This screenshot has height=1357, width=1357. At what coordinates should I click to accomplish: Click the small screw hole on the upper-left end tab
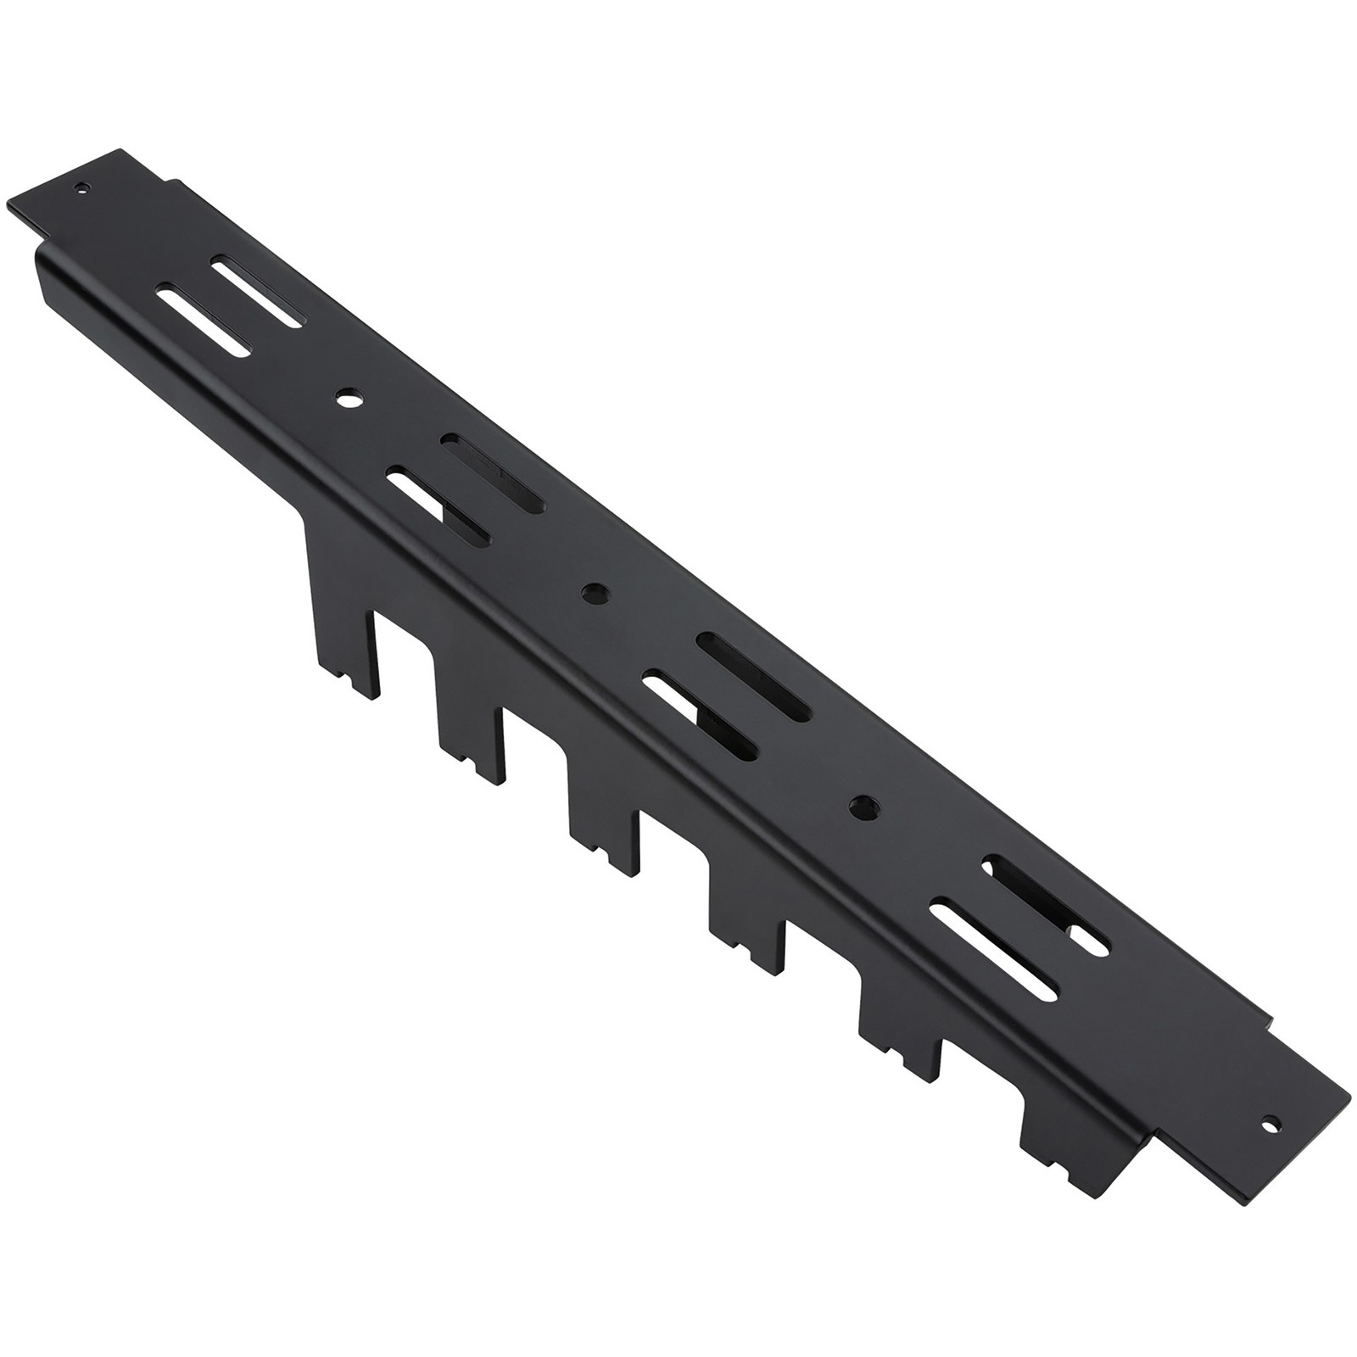pyautogui.click(x=82, y=188)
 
